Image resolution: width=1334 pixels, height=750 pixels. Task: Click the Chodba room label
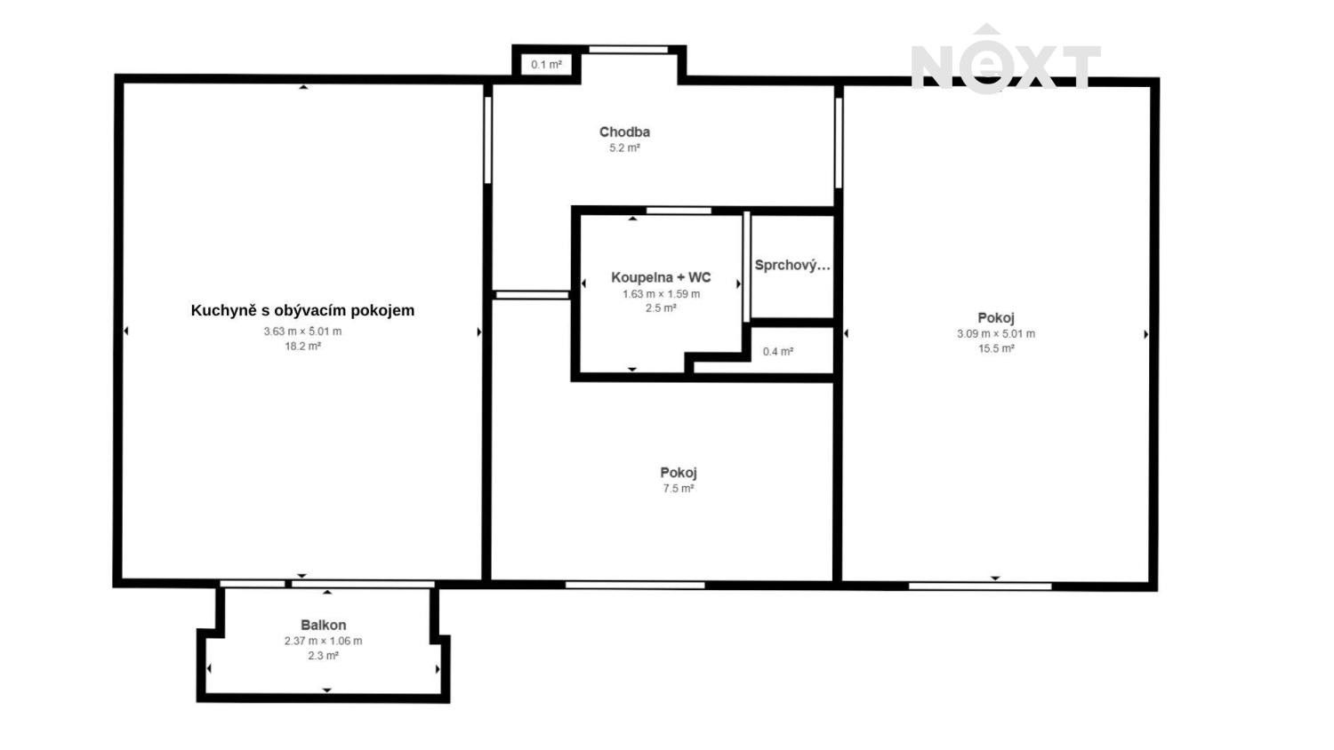[624, 132]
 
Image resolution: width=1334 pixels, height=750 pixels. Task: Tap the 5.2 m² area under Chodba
[624, 148]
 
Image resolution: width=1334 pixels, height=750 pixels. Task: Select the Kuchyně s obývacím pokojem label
[302, 310]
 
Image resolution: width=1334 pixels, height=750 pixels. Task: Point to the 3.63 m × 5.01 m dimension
[302, 331]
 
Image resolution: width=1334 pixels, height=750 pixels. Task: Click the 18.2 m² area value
[302, 347]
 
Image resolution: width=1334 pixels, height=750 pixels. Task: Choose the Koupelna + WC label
[661, 277]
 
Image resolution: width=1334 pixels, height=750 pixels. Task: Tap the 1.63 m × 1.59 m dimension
[661, 294]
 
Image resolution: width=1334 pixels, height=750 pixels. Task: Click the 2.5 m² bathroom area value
[661, 308]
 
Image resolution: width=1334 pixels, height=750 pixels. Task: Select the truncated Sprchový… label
[792, 265]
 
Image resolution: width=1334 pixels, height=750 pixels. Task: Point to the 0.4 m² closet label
[777, 352]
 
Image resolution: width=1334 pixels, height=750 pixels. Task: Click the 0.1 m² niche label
[546, 65]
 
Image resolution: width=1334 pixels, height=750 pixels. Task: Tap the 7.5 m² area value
[678, 489]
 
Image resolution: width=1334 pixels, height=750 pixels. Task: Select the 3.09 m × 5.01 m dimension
[995, 334]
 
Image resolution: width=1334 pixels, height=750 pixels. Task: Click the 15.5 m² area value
[995, 349]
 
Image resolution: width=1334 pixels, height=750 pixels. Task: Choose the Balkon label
[323, 625]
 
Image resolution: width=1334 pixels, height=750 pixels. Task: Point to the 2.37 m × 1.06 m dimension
[323, 641]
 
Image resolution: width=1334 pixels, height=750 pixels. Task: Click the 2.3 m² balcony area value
[323, 656]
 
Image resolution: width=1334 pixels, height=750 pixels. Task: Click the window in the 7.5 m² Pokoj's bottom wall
[635, 585]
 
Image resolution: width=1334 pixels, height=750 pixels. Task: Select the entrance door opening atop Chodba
[629, 50]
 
